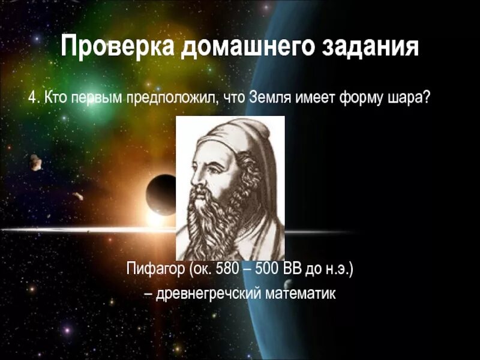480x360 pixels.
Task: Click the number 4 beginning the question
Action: coord(33,97)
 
